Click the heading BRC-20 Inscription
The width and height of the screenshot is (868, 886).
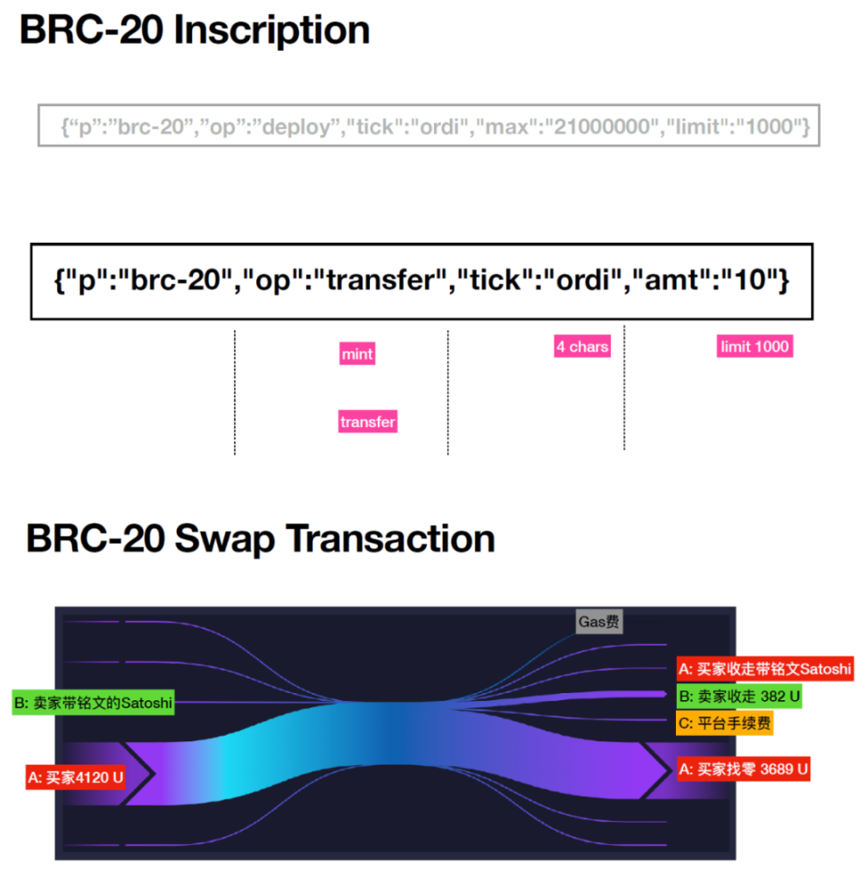point(195,30)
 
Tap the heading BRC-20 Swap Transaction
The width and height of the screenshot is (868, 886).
point(260,539)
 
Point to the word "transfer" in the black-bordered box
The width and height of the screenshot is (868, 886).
point(386,281)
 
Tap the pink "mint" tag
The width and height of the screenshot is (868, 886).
point(356,355)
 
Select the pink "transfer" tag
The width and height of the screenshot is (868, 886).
point(367,422)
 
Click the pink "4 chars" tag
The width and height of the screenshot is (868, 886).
point(582,347)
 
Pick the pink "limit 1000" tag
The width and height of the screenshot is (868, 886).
point(755,347)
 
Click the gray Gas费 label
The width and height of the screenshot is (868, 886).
point(598,622)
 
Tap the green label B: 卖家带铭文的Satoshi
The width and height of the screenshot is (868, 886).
point(93,703)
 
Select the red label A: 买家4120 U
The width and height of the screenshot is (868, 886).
point(76,777)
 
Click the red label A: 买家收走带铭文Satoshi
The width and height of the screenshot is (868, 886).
point(764,669)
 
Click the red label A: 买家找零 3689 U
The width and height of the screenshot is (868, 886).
point(743,769)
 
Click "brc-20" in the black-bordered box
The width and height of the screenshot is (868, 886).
point(174,281)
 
